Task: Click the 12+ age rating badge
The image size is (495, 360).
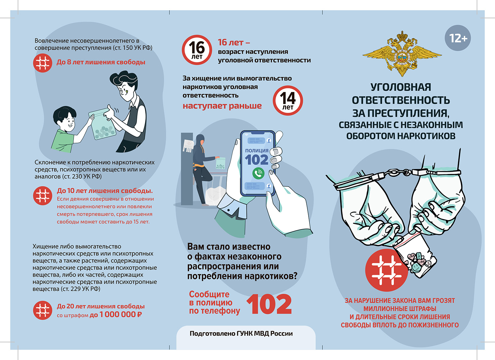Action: pyautogui.click(x=458, y=38)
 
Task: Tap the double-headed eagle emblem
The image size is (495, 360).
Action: pyautogui.click(x=402, y=54)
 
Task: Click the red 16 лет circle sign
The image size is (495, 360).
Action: pyautogui.click(x=197, y=50)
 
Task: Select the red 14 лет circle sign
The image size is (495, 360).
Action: pyautogui.click(x=288, y=101)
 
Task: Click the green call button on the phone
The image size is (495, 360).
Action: pyautogui.click(x=258, y=173)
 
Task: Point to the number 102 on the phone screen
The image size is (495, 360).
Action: pyautogui.click(x=256, y=160)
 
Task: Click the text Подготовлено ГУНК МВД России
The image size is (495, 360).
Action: pyautogui.click(x=241, y=333)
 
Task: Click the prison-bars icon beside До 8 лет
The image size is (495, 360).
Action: pyautogui.click(x=43, y=63)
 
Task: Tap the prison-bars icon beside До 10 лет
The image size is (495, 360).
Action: pyautogui.click(x=43, y=196)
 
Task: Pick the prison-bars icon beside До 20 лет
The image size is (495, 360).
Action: pyautogui.click(x=43, y=310)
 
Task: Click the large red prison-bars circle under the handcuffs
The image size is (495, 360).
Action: pyautogui.click(x=386, y=270)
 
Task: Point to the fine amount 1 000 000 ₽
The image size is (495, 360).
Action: pyautogui.click(x=121, y=315)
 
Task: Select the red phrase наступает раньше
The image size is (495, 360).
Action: pyautogui.click(x=222, y=106)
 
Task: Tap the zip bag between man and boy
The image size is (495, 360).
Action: pyautogui.click(x=102, y=124)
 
